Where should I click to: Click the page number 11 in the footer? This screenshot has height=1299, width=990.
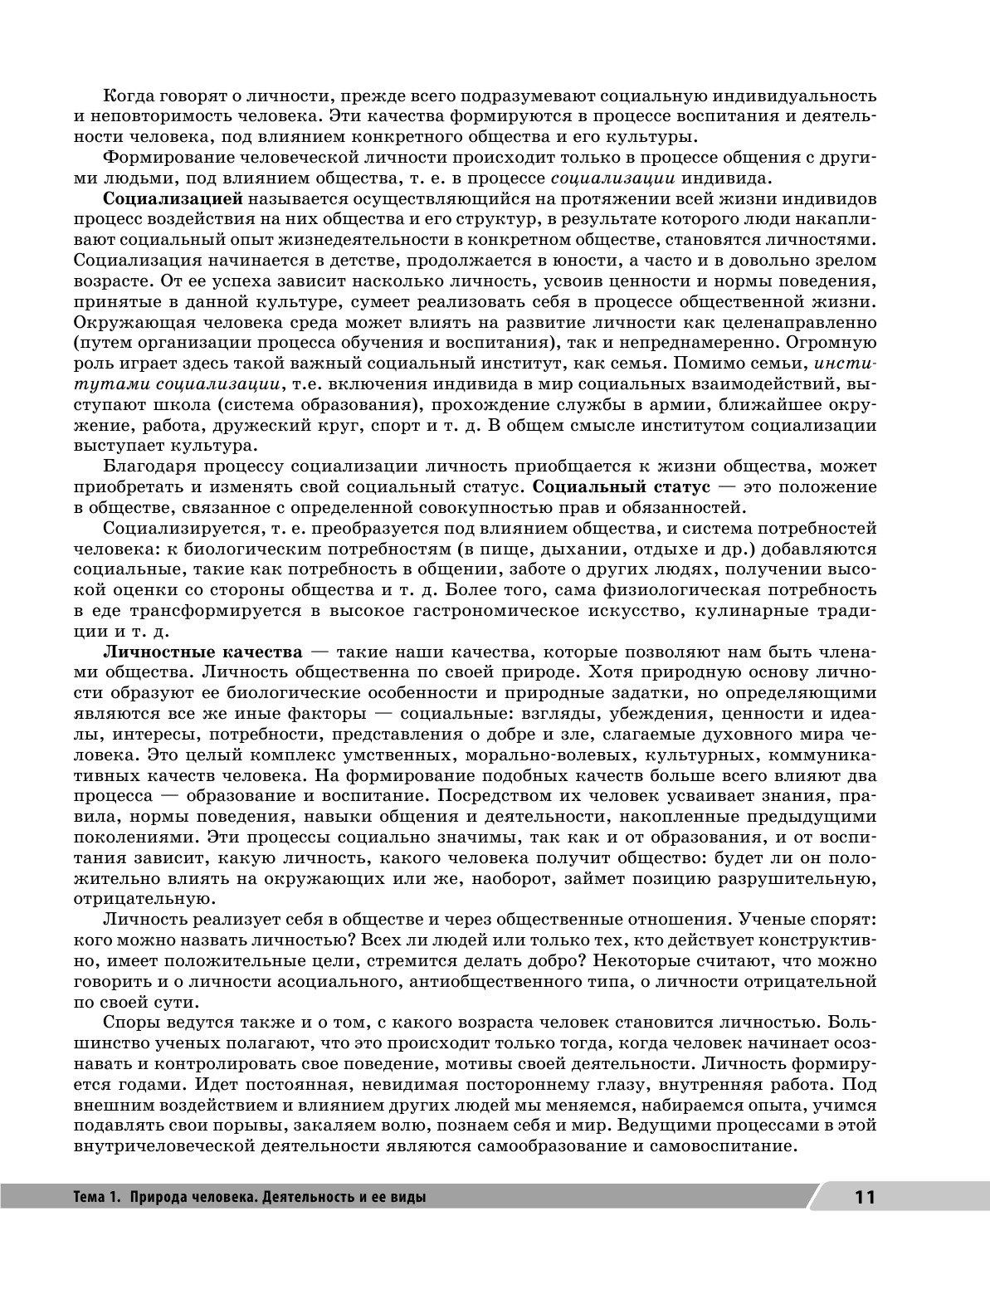[x=864, y=1197]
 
